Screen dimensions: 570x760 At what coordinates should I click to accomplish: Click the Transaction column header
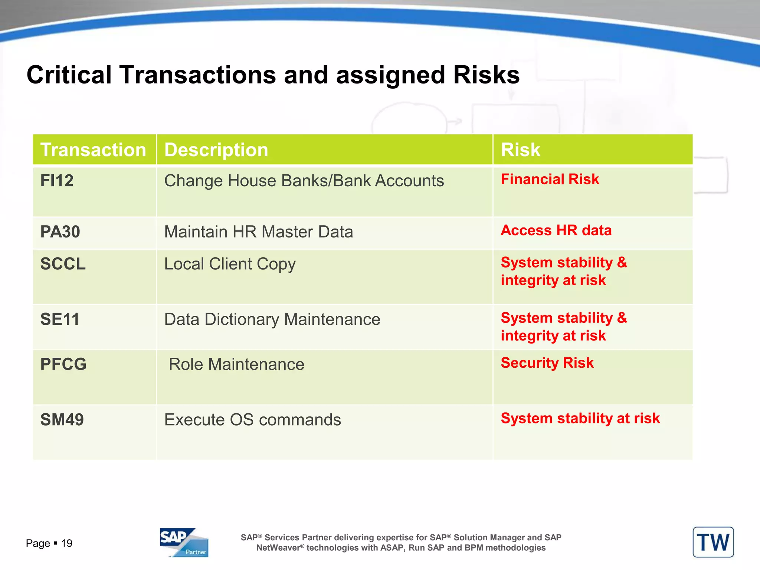tap(93, 150)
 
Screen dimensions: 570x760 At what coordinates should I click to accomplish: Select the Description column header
tap(216, 150)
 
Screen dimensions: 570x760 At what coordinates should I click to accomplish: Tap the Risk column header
tap(520, 150)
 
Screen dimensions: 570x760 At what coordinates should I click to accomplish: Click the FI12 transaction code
tap(57, 181)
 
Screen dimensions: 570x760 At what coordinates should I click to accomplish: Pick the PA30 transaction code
tap(60, 232)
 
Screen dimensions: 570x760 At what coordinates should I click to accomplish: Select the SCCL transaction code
tap(63, 264)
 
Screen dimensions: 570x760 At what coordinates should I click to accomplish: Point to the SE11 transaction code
tap(60, 319)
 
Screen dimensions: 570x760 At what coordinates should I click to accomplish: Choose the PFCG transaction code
tap(63, 364)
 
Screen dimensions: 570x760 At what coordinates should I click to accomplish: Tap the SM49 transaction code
tap(62, 420)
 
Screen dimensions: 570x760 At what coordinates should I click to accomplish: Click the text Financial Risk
tap(550, 179)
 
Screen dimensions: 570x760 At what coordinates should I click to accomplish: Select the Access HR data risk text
tap(556, 230)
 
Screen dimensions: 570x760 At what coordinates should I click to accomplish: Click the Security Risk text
tap(547, 363)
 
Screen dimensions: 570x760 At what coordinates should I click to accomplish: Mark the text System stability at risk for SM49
tap(580, 418)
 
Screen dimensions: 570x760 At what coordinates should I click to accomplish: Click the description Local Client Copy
tap(230, 264)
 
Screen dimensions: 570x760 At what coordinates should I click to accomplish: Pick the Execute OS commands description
tap(252, 420)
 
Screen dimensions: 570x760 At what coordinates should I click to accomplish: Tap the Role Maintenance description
tap(236, 364)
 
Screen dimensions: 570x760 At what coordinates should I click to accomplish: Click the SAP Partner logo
tap(184, 542)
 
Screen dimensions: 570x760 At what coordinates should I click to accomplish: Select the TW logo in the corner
tap(713, 542)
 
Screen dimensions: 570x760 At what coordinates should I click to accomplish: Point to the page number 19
tap(67, 543)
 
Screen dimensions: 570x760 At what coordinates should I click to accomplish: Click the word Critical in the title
tap(69, 75)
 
